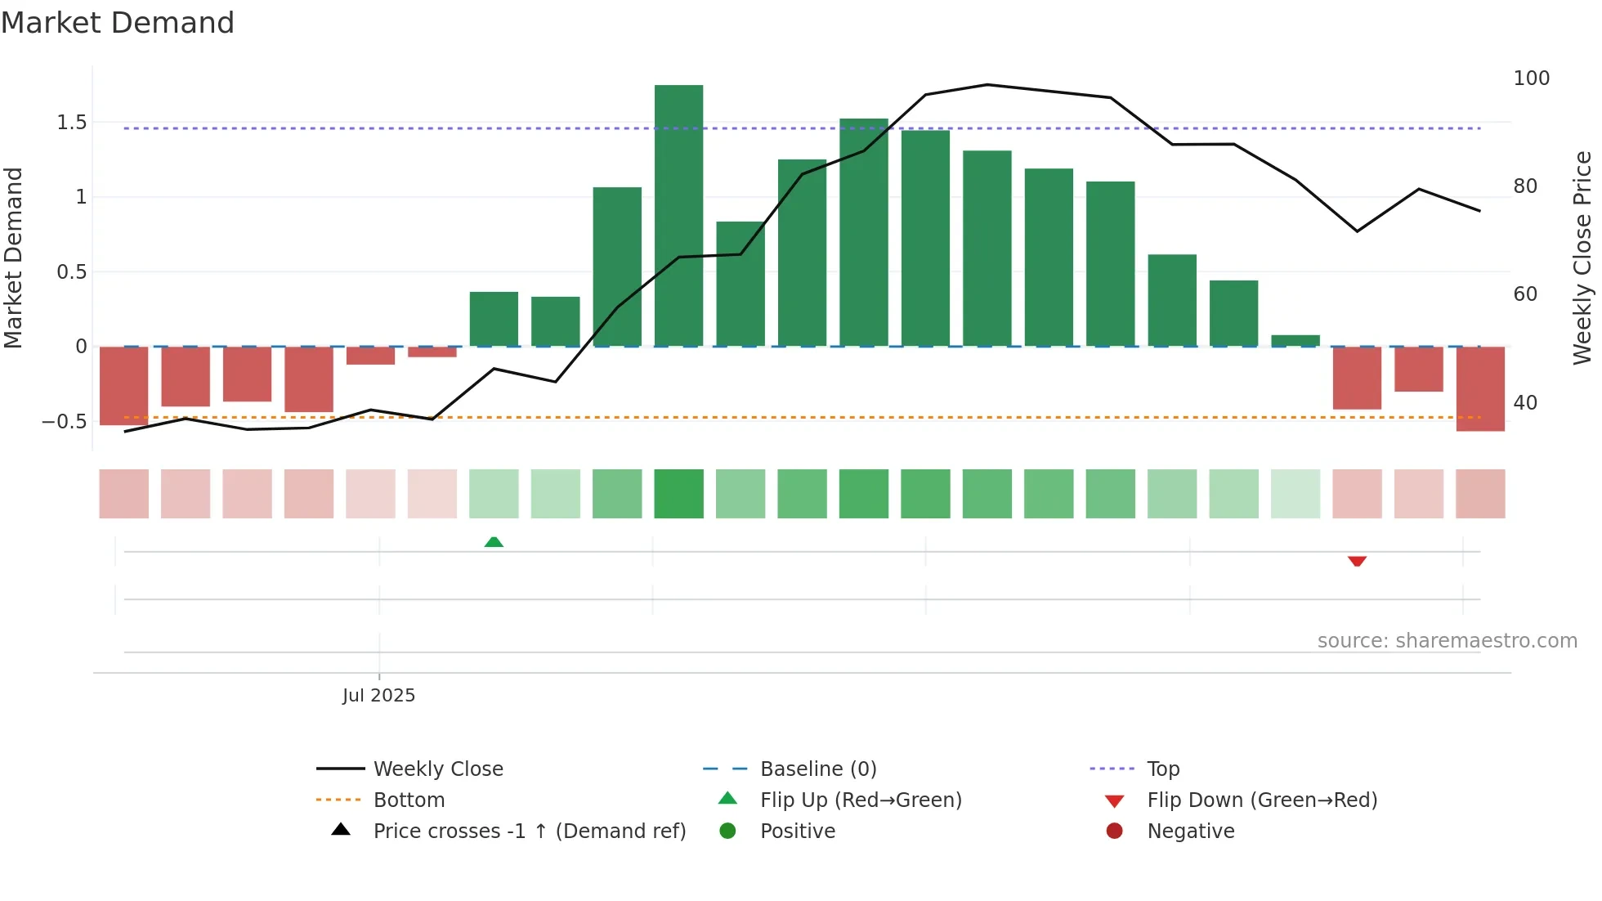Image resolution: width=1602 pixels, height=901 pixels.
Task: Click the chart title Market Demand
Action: click(118, 23)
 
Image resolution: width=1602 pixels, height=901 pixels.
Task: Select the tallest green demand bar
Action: click(678, 216)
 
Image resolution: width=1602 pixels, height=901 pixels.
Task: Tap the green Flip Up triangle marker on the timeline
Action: click(494, 542)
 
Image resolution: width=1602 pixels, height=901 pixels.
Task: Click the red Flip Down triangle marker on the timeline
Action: click(1357, 561)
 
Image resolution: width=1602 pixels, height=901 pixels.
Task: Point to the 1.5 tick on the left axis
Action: click(72, 123)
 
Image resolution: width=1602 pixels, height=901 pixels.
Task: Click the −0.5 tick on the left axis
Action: click(65, 422)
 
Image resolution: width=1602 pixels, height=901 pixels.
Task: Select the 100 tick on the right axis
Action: click(1531, 78)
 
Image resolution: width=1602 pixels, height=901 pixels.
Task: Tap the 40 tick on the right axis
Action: click(1525, 402)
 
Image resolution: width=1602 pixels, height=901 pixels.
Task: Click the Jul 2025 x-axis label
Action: click(378, 696)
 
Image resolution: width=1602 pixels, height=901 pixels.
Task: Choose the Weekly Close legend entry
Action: click(437, 769)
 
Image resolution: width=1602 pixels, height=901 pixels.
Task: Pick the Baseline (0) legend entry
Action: click(817, 769)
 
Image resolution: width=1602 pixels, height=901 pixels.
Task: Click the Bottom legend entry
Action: click(409, 800)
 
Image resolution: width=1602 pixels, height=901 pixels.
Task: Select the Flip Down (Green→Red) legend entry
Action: click(1261, 800)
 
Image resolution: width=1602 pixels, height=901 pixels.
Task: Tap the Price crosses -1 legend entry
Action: click(529, 832)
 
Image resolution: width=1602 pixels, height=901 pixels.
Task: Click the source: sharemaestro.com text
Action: click(1447, 641)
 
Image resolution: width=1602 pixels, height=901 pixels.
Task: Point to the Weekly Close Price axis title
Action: click(1582, 258)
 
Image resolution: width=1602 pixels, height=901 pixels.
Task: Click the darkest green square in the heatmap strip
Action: click(678, 494)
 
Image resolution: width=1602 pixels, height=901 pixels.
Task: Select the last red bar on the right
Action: click(1479, 388)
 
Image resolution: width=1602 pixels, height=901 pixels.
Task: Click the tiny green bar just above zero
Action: click(1295, 340)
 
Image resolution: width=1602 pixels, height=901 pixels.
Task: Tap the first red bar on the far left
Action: click(123, 385)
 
